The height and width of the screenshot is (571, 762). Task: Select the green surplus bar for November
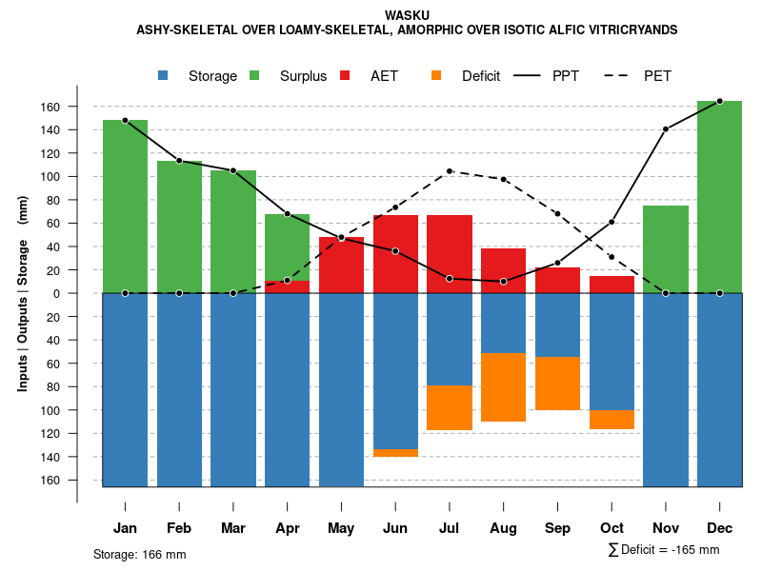pos(666,249)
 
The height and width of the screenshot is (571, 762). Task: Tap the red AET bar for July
pos(450,254)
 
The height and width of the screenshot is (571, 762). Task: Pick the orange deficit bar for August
pos(504,387)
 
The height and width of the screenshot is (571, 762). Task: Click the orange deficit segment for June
pos(395,453)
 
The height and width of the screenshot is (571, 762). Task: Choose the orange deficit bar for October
pos(612,420)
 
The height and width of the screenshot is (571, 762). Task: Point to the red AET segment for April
pos(287,286)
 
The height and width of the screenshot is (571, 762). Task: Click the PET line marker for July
pos(450,171)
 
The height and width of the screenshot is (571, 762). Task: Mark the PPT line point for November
pos(666,128)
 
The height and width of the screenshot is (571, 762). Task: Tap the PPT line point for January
pos(125,121)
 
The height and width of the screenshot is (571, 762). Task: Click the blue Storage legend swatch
pos(164,76)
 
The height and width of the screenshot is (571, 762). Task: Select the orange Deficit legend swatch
pos(437,76)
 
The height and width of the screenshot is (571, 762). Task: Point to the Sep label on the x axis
pos(557,528)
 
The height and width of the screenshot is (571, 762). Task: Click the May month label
pos(341,528)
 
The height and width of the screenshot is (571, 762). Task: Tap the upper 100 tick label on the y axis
pos(50,177)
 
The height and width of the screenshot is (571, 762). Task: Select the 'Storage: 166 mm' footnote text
pos(140,554)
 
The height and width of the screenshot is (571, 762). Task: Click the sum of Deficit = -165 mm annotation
pos(664,550)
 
